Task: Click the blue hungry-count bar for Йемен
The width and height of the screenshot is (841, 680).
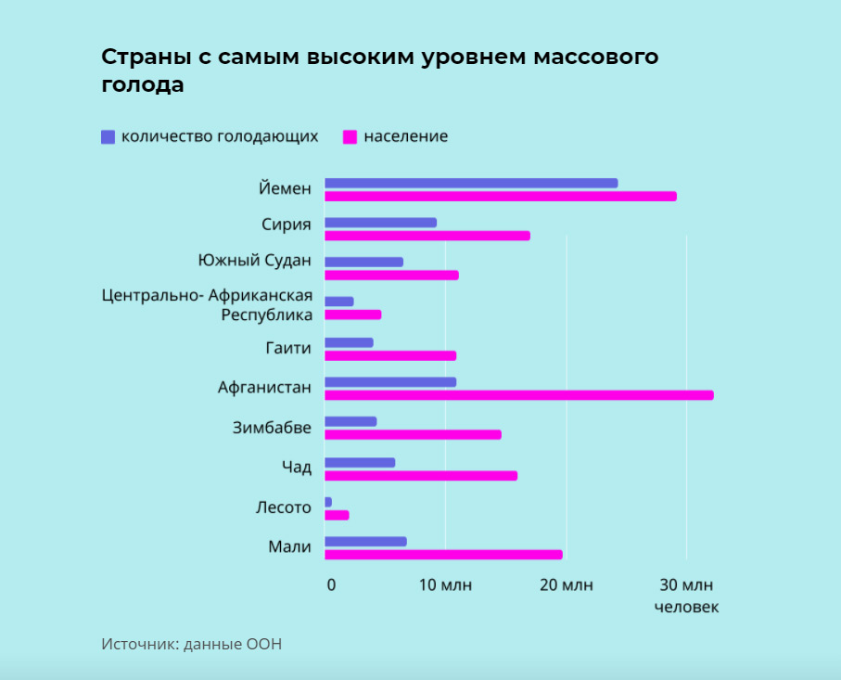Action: pos(471,183)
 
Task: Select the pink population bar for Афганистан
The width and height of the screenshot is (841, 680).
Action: pos(519,395)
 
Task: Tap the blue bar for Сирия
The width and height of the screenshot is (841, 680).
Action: pos(380,223)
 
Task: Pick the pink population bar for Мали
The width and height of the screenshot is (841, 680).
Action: pos(443,555)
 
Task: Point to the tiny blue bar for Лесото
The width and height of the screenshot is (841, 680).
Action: pos(328,502)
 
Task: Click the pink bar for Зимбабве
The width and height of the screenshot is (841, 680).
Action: pos(413,435)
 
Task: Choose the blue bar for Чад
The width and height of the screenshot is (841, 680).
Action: pos(360,463)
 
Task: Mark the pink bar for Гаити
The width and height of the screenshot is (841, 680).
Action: pos(390,355)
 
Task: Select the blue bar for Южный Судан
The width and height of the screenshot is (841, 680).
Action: pos(363,262)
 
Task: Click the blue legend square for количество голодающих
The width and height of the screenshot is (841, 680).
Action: pos(108,136)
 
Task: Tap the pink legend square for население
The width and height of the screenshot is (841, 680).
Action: pos(350,136)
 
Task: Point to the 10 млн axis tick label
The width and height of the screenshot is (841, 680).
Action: pos(446,584)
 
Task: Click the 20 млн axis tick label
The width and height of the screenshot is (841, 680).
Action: pos(567,584)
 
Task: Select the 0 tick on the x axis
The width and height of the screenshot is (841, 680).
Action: pos(331,584)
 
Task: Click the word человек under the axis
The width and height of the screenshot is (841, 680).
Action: pos(686,608)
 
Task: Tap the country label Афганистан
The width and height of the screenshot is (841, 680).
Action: pos(264,387)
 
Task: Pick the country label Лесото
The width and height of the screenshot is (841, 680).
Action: pos(283,507)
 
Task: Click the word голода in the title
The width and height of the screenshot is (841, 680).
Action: pos(143,84)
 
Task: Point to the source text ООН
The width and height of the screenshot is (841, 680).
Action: pos(263,644)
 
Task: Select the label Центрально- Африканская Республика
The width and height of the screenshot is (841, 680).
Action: pos(207,305)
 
